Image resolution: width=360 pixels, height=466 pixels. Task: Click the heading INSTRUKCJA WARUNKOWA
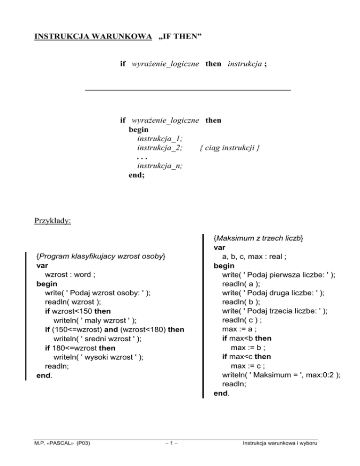(x=93, y=35)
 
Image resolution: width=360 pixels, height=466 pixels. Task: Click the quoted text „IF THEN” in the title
(x=180, y=35)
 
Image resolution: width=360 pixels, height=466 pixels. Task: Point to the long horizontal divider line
(x=188, y=89)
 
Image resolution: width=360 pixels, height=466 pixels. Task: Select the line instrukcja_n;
(x=160, y=165)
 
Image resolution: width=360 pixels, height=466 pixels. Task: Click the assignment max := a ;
(x=239, y=329)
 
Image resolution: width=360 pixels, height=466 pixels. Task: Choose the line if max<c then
(x=247, y=356)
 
